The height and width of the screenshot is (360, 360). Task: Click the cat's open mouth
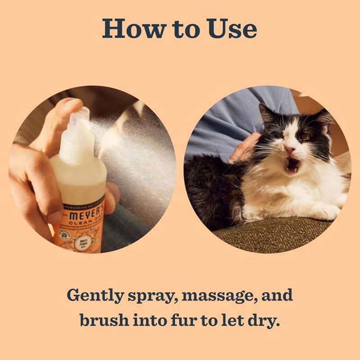pos(292,166)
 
